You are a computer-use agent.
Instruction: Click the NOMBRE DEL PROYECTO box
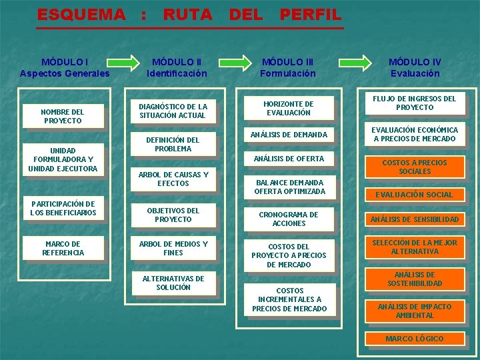pyautogui.click(x=63, y=116)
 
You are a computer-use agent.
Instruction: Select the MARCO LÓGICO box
pyautogui.click(x=414, y=339)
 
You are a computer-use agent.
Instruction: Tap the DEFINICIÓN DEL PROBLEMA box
pyautogui.click(x=173, y=144)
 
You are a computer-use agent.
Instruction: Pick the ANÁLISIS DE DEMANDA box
pyautogui.click(x=289, y=135)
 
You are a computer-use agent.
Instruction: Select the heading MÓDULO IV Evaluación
pyautogui.click(x=415, y=67)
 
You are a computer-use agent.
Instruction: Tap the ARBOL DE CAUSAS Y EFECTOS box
pyautogui.click(x=173, y=179)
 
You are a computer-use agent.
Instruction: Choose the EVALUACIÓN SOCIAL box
pyautogui.click(x=414, y=195)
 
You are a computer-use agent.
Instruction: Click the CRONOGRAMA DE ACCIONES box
pyautogui.click(x=289, y=219)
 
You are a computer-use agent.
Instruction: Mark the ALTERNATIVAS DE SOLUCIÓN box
pyautogui.click(x=173, y=283)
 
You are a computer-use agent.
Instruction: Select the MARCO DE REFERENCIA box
pyautogui.click(x=63, y=248)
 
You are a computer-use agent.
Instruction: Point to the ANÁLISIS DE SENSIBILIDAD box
pyautogui.click(x=414, y=219)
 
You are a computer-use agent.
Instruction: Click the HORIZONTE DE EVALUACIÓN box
pyautogui.click(x=289, y=108)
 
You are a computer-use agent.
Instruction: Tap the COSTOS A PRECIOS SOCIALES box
pyautogui.click(x=414, y=167)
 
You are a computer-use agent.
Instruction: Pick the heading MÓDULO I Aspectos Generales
pyautogui.click(x=65, y=67)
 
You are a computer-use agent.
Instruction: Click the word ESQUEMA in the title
pyautogui.click(x=81, y=14)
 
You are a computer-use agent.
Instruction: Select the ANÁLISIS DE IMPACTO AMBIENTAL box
pyautogui.click(x=414, y=311)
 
